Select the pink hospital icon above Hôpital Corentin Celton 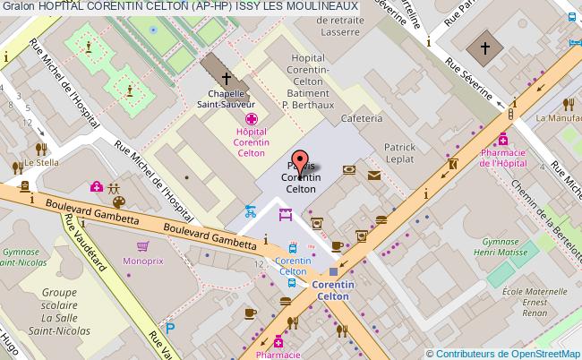tap(253, 119)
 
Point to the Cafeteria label tap(361, 118)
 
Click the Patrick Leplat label tap(398, 153)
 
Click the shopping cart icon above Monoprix tap(142, 246)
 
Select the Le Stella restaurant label tap(41, 163)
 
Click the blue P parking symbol tap(170, 329)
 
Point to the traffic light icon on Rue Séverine tap(511, 114)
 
